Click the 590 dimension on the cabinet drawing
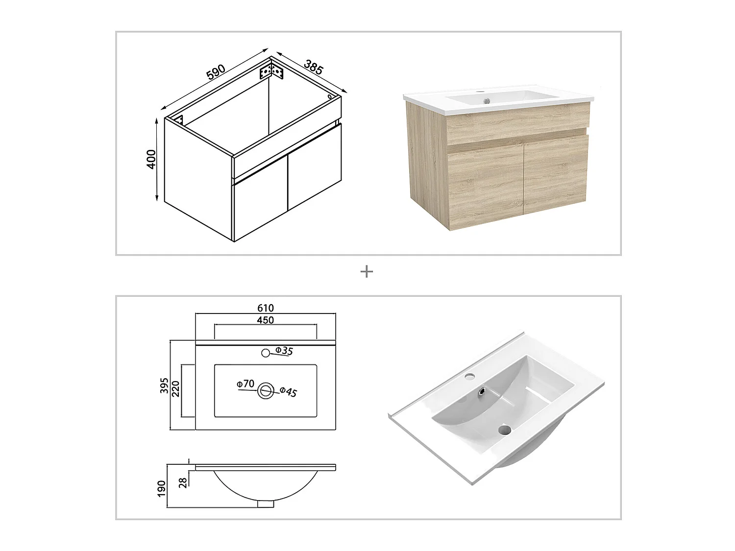tap(216, 72)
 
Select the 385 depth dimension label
tap(314, 67)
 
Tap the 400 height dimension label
tap(152, 159)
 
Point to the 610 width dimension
tap(266, 308)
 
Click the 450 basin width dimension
tap(266, 320)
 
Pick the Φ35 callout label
tap(284, 351)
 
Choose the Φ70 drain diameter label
tap(245, 383)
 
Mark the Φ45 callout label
tap(288, 392)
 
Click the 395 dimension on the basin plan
tap(164, 385)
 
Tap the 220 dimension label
tap(176, 389)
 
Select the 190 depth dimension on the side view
tap(162, 488)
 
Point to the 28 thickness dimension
tap(183, 483)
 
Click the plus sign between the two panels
tap(367, 272)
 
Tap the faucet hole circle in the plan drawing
tap(266, 353)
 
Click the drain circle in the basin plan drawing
tap(266, 391)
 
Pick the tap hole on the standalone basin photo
tap(471, 377)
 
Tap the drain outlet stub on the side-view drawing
tap(266, 513)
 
